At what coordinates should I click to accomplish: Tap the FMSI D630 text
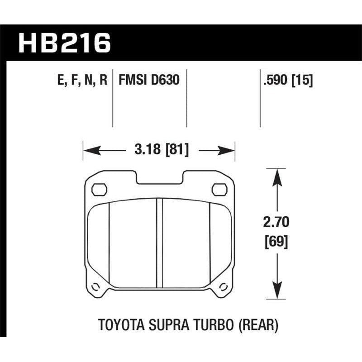(x=149, y=81)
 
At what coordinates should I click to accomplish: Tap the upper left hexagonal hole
(x=98, y=189)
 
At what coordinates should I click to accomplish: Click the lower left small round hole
(x=95, y=286)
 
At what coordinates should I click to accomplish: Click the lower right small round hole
(x=222, y=286)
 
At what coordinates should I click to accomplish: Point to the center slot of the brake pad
(x=159, y=244)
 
